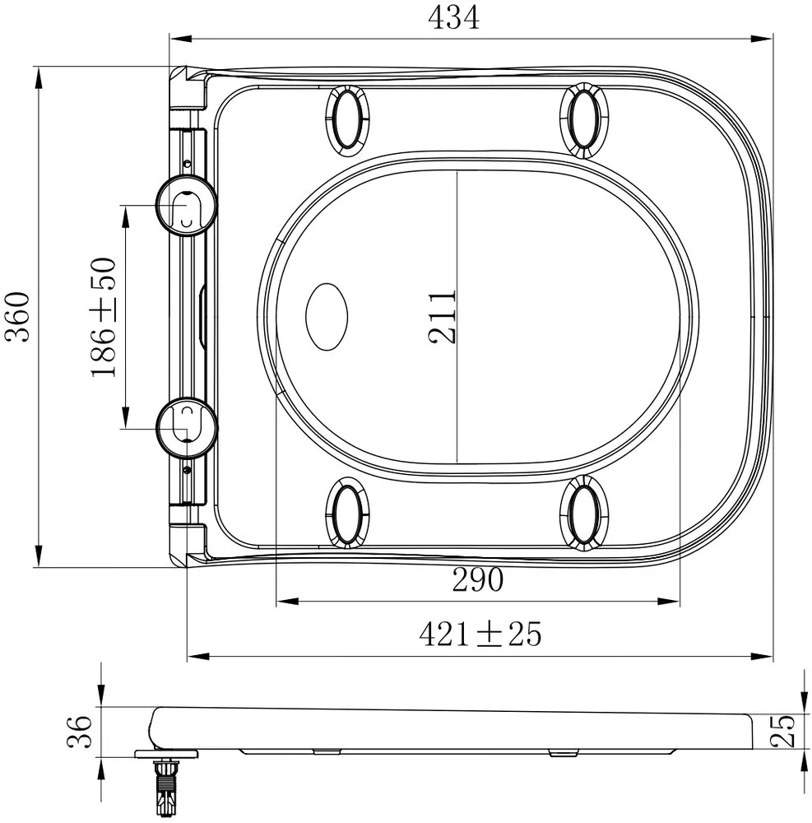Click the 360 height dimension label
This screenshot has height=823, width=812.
[x=16, y=317]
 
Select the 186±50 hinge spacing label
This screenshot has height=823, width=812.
[x=104, y=317]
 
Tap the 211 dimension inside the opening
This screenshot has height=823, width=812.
[x=442, y=317]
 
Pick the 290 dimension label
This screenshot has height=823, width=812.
[x=477, y=579]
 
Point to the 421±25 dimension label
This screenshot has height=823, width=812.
[x=480, y=634]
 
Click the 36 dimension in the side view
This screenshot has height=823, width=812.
[x=80, y=731]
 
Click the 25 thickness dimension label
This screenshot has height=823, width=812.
[x=782, y=731]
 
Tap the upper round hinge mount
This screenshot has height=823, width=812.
[x=187, y=206]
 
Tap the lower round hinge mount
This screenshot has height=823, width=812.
[x=187, y=426]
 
